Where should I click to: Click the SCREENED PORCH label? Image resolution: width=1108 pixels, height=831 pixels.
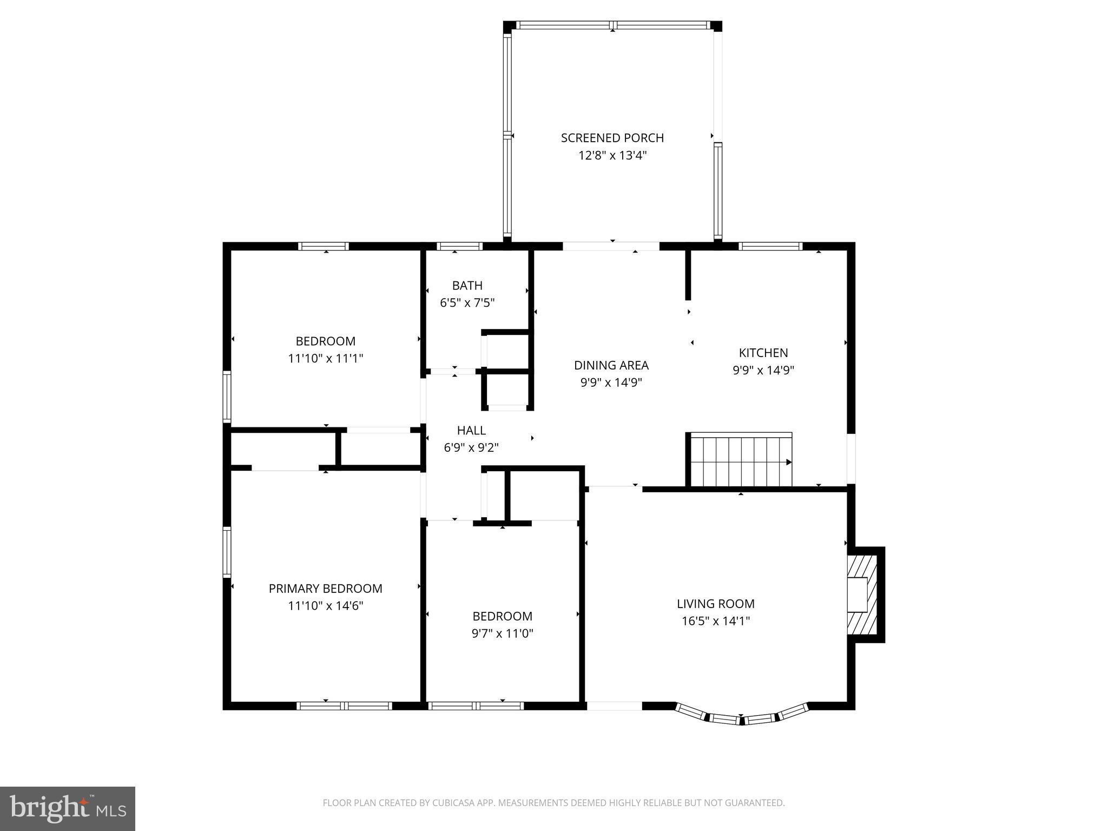tap(612, 138)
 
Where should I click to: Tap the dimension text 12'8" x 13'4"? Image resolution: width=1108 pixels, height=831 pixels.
tap(612, 156)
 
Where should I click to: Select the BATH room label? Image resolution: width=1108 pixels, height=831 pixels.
tap(467, 285)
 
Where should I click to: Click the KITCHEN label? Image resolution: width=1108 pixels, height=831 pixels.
tap(763, 353)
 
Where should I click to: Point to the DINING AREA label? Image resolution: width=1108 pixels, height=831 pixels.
tap(611, 365)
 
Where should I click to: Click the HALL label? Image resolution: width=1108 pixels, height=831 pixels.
tap(471, 430)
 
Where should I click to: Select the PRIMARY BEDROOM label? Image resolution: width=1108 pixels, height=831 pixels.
tap(325, 588)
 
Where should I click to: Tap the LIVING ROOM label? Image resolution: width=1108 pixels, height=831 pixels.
tap(715, 603)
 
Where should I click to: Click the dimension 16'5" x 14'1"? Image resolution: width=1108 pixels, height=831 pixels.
tap(715, 621)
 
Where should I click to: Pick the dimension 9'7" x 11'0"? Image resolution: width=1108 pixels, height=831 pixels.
tap(502, 634)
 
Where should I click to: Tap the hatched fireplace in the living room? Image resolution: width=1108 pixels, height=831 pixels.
tap(862, 594)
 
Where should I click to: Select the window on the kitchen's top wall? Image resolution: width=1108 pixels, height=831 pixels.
tap(770, 247)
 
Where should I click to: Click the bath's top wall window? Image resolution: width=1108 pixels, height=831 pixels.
tap(459, 247)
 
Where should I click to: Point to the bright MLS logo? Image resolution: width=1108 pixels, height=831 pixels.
tap(67, 808)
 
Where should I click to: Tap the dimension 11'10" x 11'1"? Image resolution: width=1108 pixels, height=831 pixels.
tap(325, 358)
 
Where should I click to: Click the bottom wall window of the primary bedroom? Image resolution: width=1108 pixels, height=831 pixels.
tap(344, 705)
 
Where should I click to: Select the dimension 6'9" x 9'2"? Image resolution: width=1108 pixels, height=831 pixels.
tap(471, 448)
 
